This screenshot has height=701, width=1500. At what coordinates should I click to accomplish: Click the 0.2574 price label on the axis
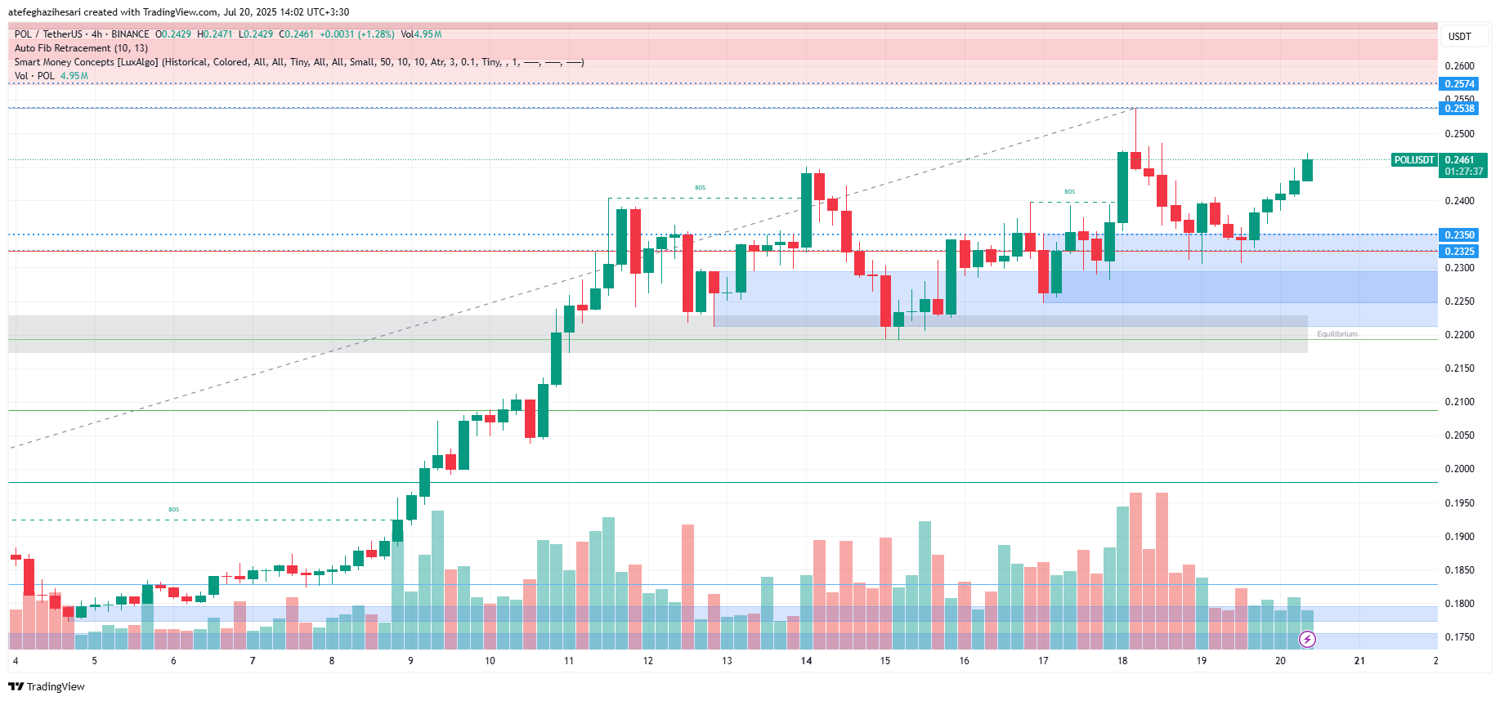[x=1459, y=84]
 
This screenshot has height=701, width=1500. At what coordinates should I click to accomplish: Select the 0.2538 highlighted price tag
[x=1459, y=109]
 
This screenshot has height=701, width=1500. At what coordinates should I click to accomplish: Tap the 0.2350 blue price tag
[x=1459, y=235]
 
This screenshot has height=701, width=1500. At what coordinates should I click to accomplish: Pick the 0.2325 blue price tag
[x=1459, y=252]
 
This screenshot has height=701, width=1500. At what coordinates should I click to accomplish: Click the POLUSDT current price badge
[x=1414, y=160]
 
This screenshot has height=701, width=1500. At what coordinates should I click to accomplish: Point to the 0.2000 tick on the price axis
[x=1459, y=469]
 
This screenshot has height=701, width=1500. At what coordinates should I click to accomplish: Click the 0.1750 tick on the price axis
[x=1459, y=637]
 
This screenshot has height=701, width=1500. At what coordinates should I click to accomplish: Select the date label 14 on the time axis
[x=806, y=661]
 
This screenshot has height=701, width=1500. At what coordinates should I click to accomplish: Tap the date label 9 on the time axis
[x=410, y=661]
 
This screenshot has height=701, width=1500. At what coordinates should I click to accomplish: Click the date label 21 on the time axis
[x=1359, y=661]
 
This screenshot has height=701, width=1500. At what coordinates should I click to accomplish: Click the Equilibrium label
[x=1337, y=334]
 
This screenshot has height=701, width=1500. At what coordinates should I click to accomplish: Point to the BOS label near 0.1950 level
[x=173, y=510]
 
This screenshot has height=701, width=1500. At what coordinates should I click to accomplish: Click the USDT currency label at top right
[x=1459, y=37]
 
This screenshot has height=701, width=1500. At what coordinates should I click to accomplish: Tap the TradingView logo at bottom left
[x=47, y=686]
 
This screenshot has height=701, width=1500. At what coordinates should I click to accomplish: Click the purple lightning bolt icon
[x=1307, y=639]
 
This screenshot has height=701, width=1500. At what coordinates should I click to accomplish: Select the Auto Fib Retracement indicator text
[x=81, y=48]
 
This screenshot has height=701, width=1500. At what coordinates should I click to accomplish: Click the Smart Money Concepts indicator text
[x=298, y=62]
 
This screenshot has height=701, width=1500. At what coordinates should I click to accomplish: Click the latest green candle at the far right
[x=1307, y=170]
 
